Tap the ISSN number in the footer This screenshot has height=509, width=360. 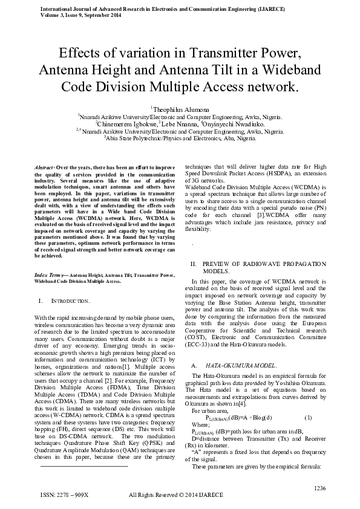64,494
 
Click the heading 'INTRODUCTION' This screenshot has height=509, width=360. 70,300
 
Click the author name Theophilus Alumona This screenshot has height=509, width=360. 182,108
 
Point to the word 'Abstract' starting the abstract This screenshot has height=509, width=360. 43,166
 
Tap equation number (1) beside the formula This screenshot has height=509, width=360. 308,418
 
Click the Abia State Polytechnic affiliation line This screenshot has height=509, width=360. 180,138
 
